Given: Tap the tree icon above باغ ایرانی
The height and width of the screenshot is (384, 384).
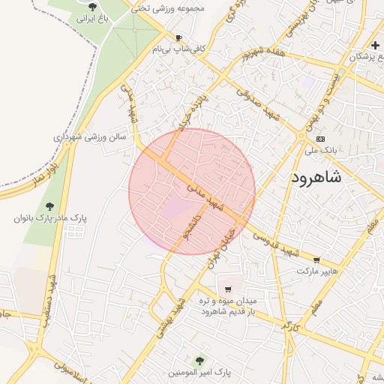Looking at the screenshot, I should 91,6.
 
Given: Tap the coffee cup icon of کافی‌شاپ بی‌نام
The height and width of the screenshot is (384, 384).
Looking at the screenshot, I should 178,37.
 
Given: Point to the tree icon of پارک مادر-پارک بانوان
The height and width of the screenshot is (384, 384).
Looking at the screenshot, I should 49,205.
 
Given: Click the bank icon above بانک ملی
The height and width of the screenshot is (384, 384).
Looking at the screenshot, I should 321,139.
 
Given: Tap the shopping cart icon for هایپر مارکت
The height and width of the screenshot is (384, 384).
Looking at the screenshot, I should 316,260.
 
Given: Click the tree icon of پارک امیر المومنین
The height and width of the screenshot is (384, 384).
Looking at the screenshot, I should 199,361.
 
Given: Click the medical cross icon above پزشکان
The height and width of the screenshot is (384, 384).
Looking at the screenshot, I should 374,46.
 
